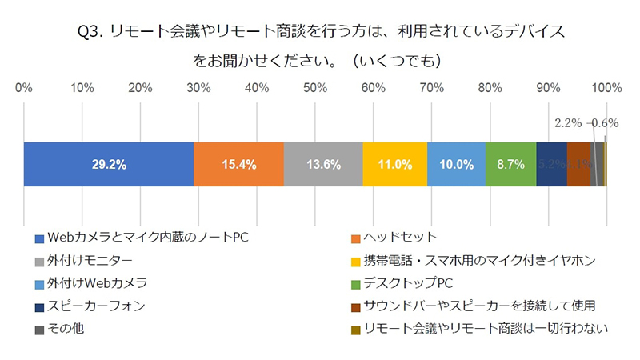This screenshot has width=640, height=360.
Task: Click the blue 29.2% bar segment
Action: click(x=109, y=164)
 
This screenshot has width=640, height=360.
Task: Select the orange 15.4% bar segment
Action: click(x=238, y=164)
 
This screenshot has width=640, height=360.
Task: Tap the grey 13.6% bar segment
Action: click(x=323, y=164)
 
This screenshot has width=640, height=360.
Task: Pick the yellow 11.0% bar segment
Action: click(x=394, y=164)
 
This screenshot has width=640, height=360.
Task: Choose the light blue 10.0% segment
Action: click(x=457, y=164)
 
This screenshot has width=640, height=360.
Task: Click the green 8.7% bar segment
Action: click(x=510, y=164)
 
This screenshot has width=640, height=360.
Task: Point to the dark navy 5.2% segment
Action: click(x=551, y=164)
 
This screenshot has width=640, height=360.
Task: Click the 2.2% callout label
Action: click(x=567, y=123)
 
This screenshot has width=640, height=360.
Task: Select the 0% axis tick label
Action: click(x=24, y=87)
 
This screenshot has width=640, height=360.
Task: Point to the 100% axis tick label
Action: click(x=606, y=87)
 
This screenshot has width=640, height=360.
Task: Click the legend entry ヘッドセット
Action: click(x=400, y=237)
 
